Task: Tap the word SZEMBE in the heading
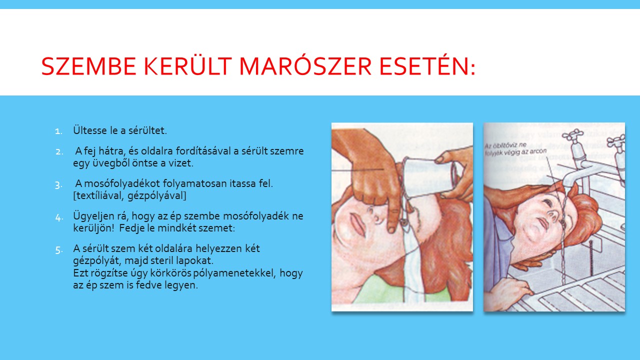88,66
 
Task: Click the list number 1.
58,131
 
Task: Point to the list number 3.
58,185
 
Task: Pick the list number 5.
58,250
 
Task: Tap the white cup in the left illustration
428,177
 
